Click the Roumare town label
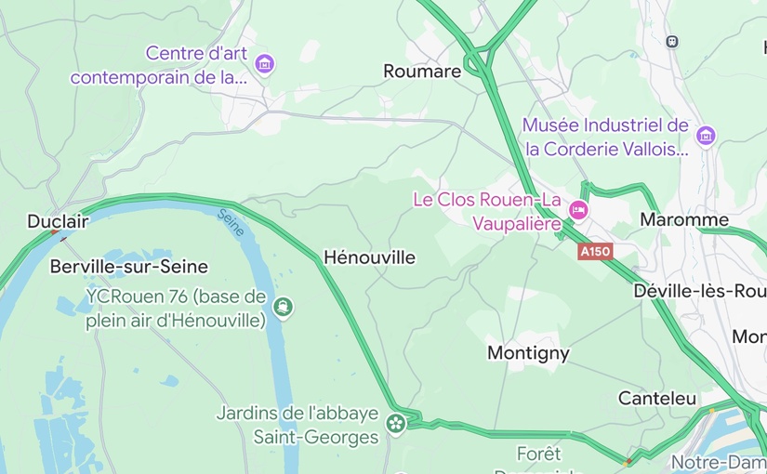click(x=422, y=72)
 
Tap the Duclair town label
click(x=58, y=221)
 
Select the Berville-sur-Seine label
click(x=128, y=267)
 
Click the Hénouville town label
click(x=369, y=257)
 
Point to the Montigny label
click(x=528, y=353)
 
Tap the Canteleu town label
click(x=657, y=398)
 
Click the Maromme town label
click(x=684, y=220)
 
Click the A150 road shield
click(x=595, y=252)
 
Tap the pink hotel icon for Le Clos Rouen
click(x=579, y=211)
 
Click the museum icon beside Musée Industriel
click(x=706, y=137)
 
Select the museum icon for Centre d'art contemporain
click(x=265, y=64)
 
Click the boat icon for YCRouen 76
click(x=283, y=307)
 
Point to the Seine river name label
click(x=230, y=223)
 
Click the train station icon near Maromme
click(x=672, y=42)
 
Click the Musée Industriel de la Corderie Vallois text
click(x=605, y=137)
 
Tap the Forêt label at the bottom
click(x=539, y=454)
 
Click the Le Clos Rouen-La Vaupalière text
click(x=488, y=211)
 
